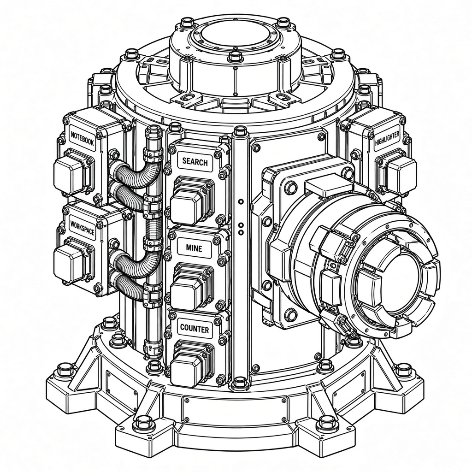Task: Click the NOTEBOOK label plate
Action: click(82, 139)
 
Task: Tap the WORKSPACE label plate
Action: click(82, 228)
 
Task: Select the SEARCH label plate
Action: click(195, 162)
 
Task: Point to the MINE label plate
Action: click(194, 248)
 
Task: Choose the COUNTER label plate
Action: click(195, 328)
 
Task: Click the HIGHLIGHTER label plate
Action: click(387, 138)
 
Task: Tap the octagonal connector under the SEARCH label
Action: click(192, 201)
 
